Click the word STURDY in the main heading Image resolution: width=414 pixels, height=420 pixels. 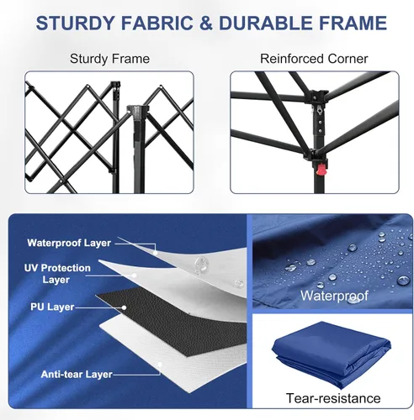pos(76,23)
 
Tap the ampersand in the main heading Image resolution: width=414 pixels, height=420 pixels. pos(206,23)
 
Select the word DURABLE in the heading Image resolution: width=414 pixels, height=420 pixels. pos(266,23)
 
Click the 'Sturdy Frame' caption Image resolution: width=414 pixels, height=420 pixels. pos(109,59)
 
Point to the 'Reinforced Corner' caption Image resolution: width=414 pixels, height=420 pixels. pos(314,59)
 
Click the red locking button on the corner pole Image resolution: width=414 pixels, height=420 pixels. pos(321,170)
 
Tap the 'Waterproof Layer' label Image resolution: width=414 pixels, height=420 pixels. pos(69,243)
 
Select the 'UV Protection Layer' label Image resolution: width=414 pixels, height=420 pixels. pos(57,274)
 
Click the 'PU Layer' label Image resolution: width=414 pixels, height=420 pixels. pos(52,307)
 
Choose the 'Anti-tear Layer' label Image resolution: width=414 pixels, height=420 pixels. pos(77,374)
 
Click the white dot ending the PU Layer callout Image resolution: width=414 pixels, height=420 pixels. pos(124,307)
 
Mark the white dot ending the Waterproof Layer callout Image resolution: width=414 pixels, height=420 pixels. pos(156,253)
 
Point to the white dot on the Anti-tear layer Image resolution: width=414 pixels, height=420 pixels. pos(160,365)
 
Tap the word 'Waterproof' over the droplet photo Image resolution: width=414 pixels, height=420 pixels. pos(334,296)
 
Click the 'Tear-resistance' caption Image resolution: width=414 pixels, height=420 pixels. pos(333,398)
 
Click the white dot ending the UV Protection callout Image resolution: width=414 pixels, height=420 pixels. pos(134,276)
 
